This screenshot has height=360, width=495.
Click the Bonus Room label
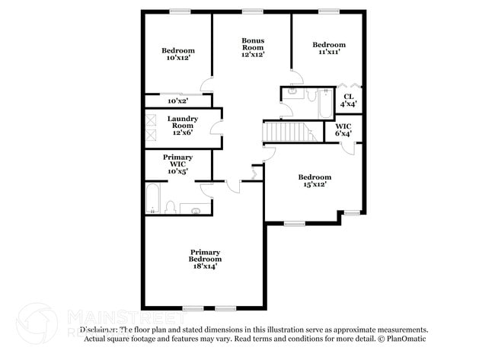253,47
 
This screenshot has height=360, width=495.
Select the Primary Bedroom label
205,256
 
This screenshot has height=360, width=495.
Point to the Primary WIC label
177,164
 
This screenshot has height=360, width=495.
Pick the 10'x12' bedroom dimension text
177,57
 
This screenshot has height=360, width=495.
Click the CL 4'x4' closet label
348,100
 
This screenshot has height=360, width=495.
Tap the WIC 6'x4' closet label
343,130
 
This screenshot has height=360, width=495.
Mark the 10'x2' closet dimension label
177,100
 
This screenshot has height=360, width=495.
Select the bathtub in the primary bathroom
152,199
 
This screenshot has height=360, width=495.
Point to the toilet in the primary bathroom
171,207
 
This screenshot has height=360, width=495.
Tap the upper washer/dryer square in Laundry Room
152,119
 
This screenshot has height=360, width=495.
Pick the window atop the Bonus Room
252,11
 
